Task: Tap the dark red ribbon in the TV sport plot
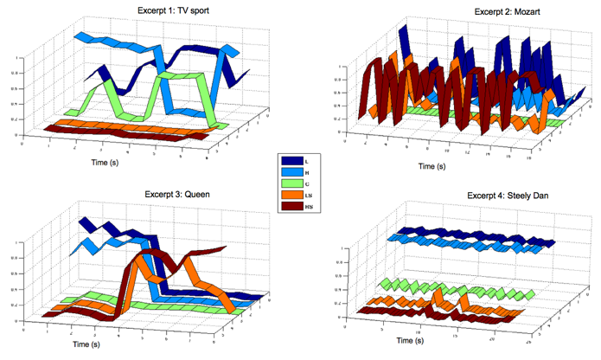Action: pos(130,133)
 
